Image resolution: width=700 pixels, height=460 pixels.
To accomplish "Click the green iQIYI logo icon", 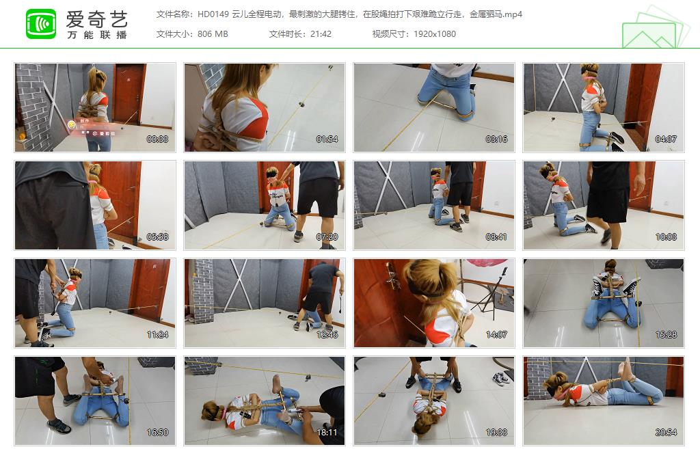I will pyautogui.click(x=41, y=24).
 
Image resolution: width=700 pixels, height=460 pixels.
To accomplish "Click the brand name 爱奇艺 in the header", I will pyautogui.click(x=96, y=18).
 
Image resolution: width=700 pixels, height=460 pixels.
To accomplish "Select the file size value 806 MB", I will pyautogui.click(x=213, y=33).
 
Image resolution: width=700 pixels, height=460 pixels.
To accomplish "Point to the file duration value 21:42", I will pyautogui.click(x=321, y=33).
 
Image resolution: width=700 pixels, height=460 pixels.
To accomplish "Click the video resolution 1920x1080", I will pyautogui.click(x=435, y=33).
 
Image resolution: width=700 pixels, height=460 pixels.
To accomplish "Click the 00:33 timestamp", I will pyautogui.click(x=157, y=139).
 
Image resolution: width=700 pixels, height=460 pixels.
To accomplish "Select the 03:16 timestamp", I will pyautogui.click(x=496, y=139).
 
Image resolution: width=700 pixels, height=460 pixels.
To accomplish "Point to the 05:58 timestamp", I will pyautogui.click(x=157, y=237).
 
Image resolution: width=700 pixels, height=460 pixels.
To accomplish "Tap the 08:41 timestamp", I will pyautogui.click(x=496, y=237).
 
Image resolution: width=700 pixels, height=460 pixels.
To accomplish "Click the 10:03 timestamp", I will pyautogui.click(x=666, y=237).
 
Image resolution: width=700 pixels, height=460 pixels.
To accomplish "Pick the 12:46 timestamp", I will pyautogui.click(x=327, y=335).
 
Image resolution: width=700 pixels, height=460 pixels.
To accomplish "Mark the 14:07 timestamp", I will pyautogui.click(x=496, y=335).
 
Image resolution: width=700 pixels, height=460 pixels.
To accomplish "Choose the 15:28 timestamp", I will pyautogui.click(x=666, y=335).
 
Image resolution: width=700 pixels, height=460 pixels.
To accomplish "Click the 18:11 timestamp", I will pyautogui.click(x=327, y=433).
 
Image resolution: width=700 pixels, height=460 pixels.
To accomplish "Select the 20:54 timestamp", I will pyautogui.click(x=666, y=433).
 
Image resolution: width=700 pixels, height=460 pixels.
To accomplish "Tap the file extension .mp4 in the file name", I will pyautogui.click(x=513, y=14).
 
